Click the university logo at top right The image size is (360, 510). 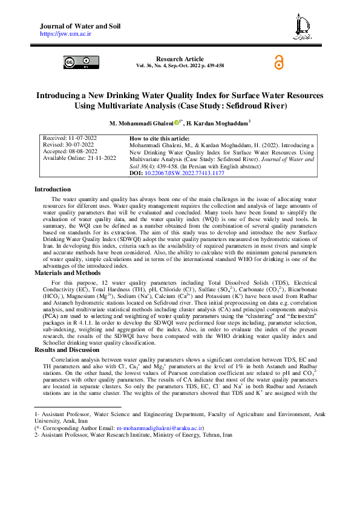coord(301,26)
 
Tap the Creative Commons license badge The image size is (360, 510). coord(78,62)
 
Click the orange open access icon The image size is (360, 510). coord(279,63)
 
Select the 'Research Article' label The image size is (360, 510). coord(180,58)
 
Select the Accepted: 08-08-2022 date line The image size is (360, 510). coord(70,151)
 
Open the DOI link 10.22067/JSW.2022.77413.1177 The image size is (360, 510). coord(185,173)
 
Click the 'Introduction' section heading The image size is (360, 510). coord(53,190)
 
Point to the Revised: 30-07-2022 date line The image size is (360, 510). coord(69,145)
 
